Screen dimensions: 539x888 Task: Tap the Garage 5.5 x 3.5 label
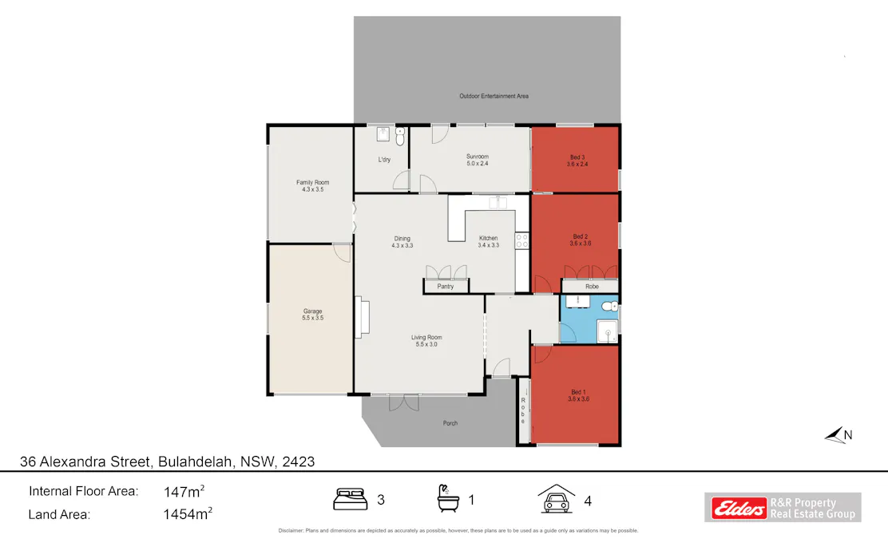click(x=312, y=315)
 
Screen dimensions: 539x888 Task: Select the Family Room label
click(x=312, y=185)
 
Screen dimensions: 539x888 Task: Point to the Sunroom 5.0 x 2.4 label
click(x=478, y=160)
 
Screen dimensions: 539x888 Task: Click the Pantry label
click(x=445, y=286)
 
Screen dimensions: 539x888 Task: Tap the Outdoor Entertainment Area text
click(x=494, y=96)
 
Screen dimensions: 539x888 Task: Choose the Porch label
click(x=450, y=423)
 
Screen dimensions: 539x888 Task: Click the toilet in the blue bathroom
click(x=610, y=307)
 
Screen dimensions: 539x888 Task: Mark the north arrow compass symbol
click(x=838, y=434)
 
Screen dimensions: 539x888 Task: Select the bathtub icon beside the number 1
click(x=447, y=499)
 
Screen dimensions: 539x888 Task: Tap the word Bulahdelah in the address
click(x=196, y=462)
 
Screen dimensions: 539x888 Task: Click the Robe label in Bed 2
click(x=592, y=285)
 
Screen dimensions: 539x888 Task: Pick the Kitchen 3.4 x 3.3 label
click(x=488, y=241)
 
